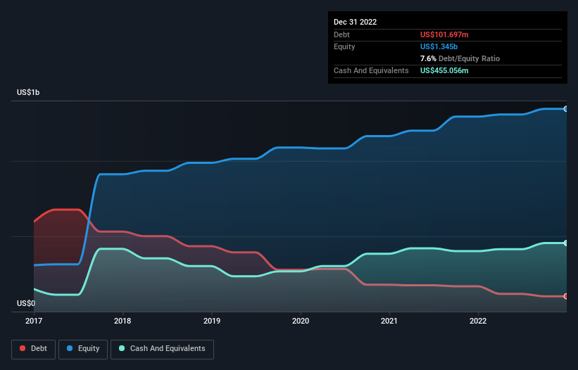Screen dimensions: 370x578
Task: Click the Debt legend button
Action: click(x=32, y=348)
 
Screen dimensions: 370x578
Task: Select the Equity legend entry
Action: click(x=83, y=348)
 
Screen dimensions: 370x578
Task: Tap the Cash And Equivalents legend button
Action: click(x=162, y=348)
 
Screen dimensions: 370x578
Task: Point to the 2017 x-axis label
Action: click(x=34, y=321)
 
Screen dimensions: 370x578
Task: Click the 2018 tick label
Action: click(x=122, y=321)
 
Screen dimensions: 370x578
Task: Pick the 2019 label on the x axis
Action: click(x=211, y=321)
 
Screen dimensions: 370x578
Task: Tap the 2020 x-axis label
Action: click(x=301, y=321)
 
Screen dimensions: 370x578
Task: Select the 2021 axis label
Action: click(x=389, y=321)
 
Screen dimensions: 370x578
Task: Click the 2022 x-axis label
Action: click(x=478, y=321)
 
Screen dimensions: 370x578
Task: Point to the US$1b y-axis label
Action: click(x=28, y=93)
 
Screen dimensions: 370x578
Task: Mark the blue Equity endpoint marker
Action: click(x=566, y=109)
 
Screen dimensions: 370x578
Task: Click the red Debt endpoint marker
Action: click(x=566, y=296)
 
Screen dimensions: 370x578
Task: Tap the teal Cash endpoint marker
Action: click(x=566, y=243)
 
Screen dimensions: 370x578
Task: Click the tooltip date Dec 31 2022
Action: click(x=355, y=22)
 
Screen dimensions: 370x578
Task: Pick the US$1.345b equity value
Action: click(x=440, y=46)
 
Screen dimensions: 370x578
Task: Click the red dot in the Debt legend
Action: click(x=23, y=348)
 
